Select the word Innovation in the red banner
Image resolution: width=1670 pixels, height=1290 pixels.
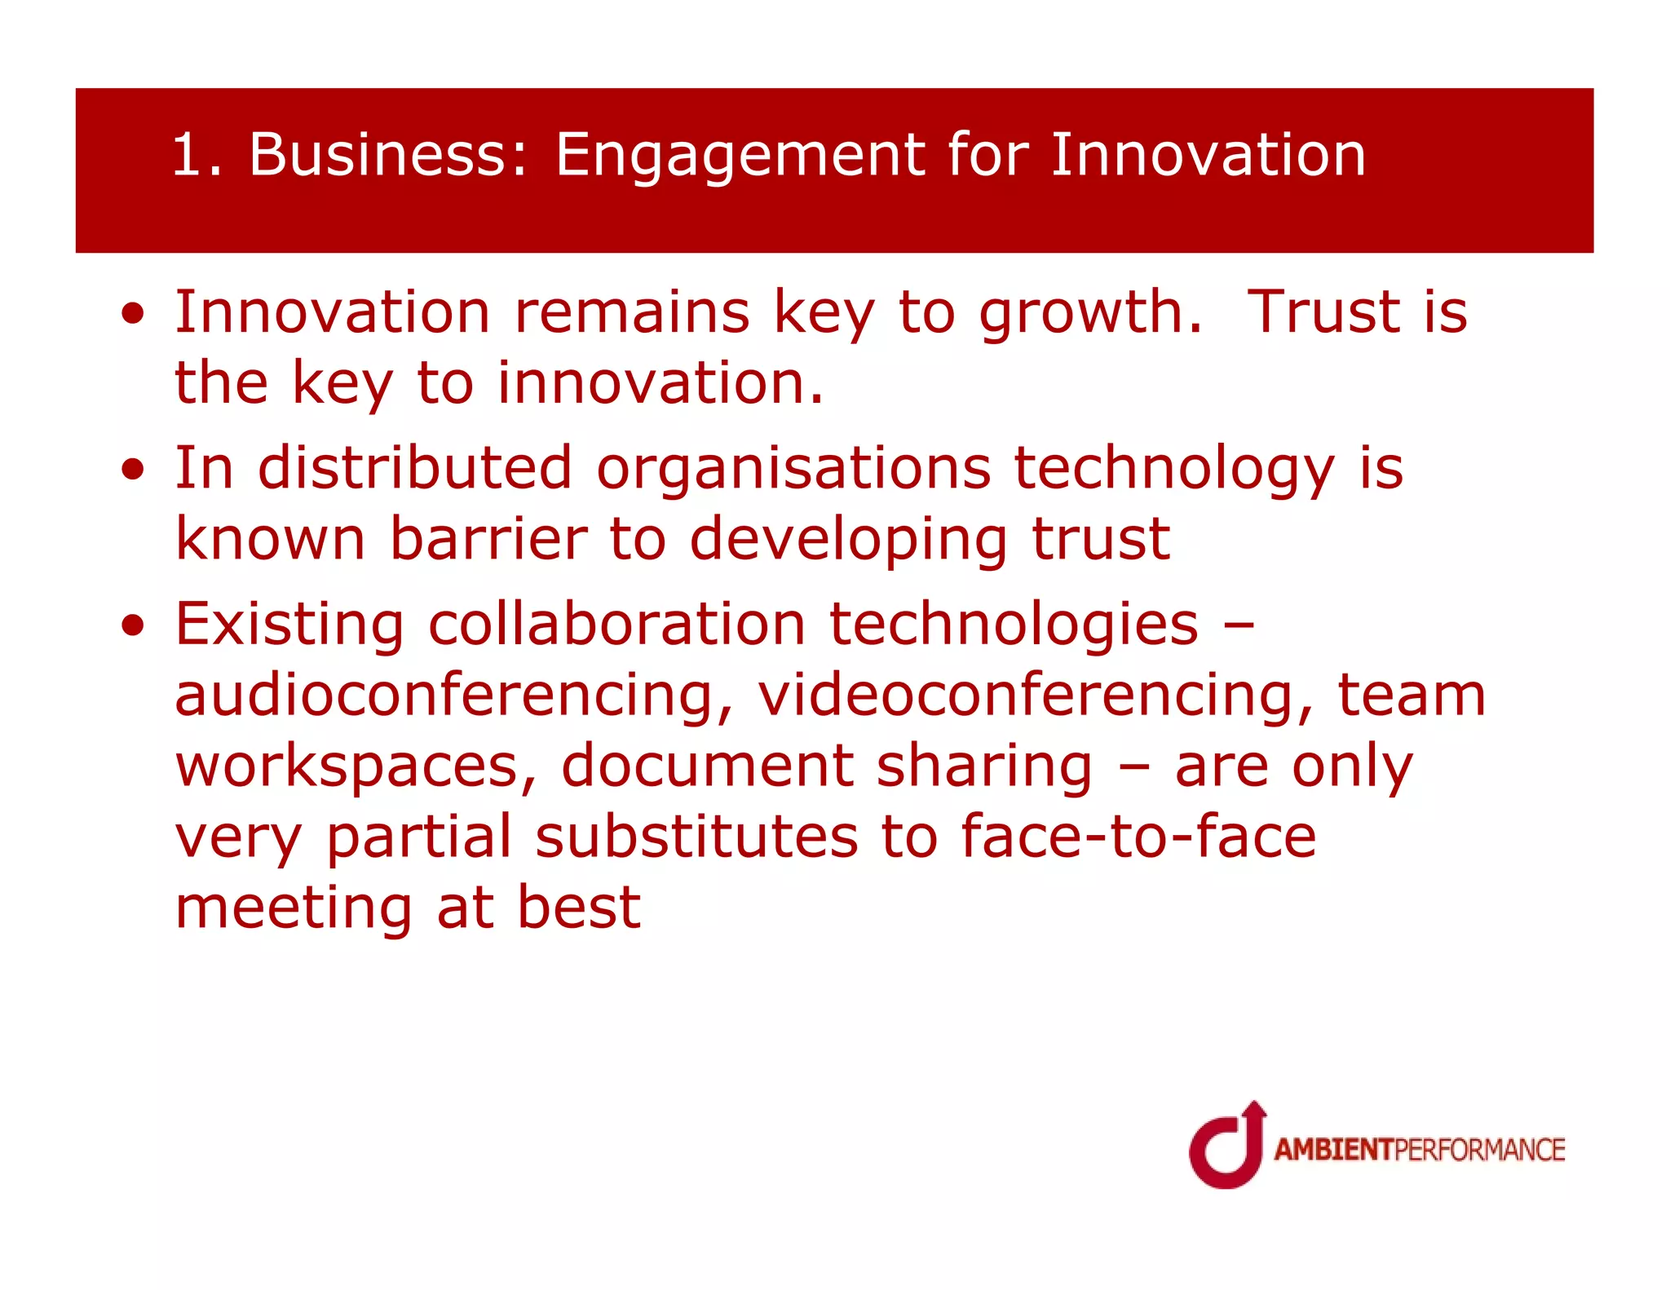[1207, 155]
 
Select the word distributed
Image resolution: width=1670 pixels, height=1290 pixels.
[414, 468]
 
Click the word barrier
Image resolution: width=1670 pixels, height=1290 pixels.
[488, 539]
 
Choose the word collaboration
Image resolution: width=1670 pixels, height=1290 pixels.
[616, 624]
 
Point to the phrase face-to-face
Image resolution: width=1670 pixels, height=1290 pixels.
[1138, 837]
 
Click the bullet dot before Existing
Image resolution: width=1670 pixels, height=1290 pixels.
[133, 626]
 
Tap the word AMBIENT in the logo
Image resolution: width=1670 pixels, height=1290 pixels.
[1334, 1150]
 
